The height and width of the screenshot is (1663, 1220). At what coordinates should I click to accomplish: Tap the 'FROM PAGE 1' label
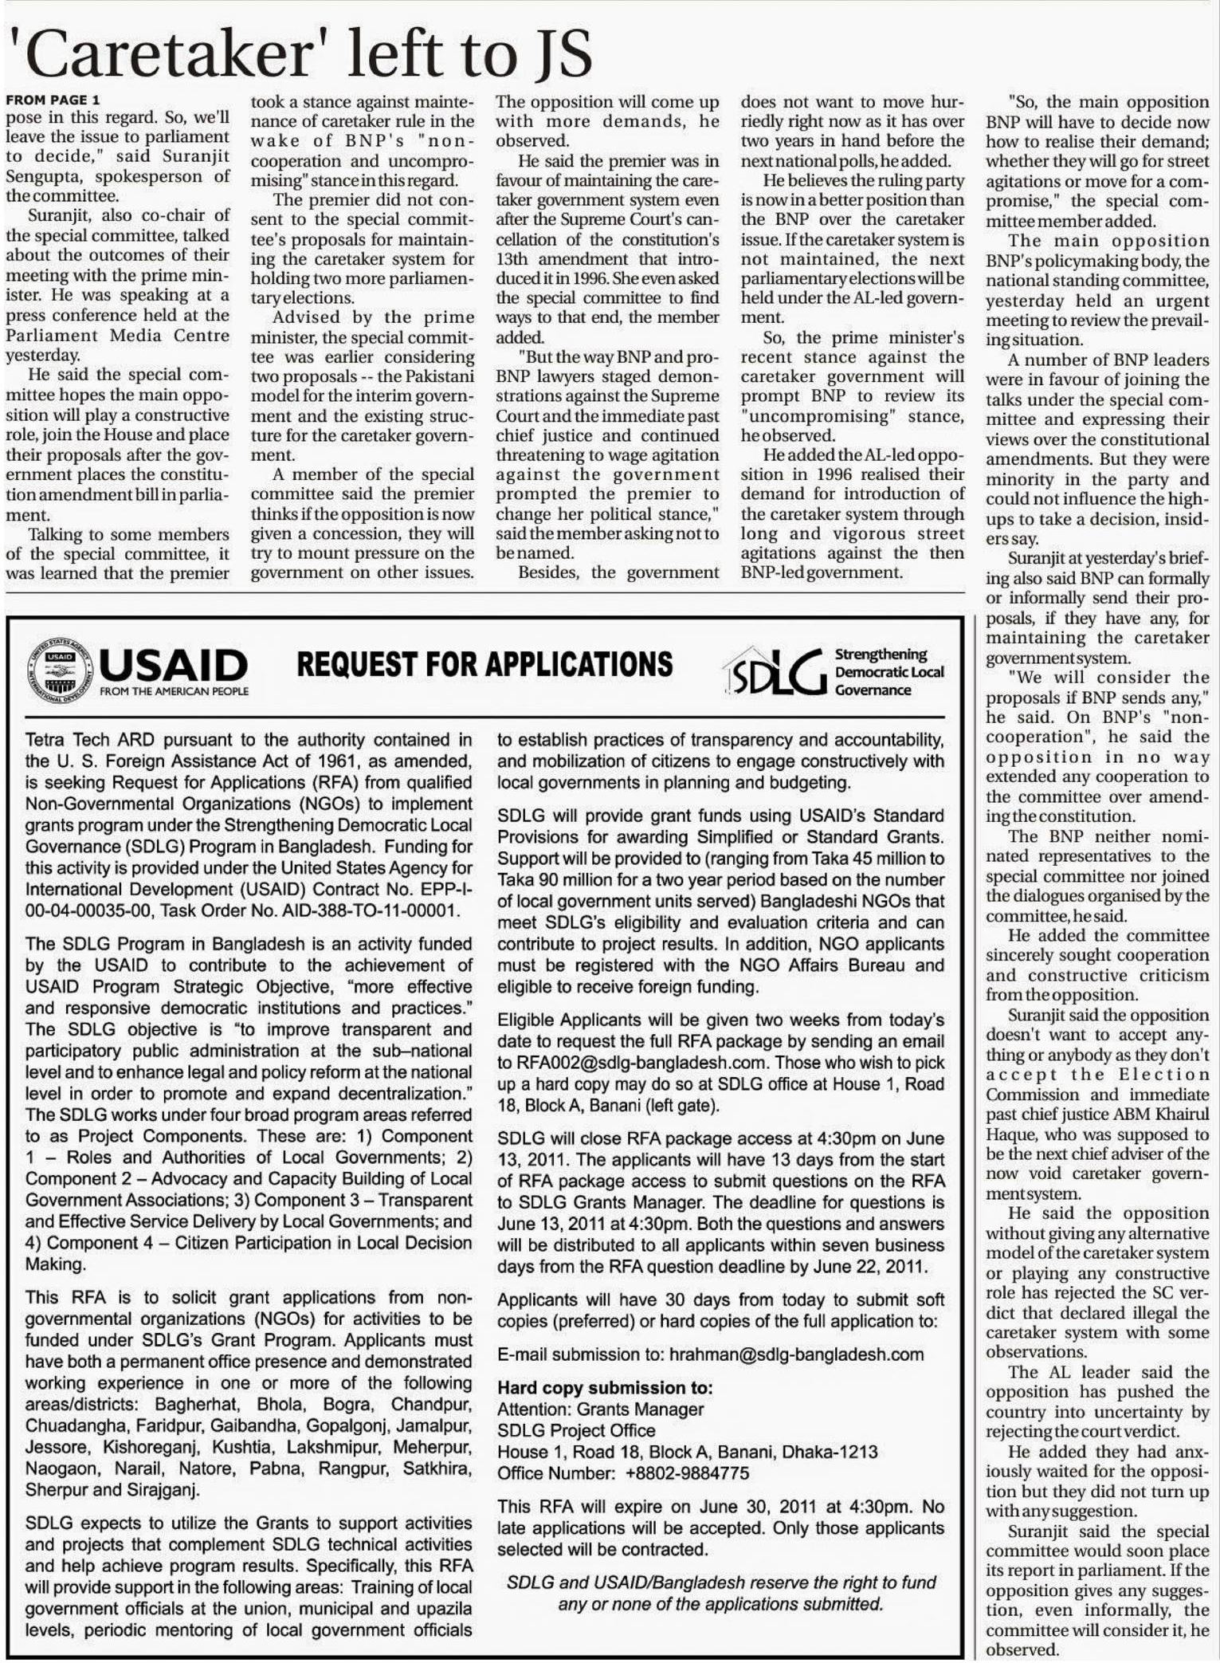[x=53, y=100]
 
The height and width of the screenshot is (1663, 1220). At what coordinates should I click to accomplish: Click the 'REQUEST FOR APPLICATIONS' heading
[x=484, y=664]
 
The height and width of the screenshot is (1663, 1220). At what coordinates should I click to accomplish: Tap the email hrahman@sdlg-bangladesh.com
[x=796, y=1354]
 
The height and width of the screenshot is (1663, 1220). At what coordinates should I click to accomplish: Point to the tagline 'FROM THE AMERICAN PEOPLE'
[x=174, y=691]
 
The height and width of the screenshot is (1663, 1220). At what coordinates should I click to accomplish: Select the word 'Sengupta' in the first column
[x=41, y=176]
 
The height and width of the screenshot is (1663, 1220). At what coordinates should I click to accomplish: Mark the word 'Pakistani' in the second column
[x=441, y=376]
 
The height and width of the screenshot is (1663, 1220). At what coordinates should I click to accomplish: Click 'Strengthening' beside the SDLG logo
[x=881, y=655]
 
